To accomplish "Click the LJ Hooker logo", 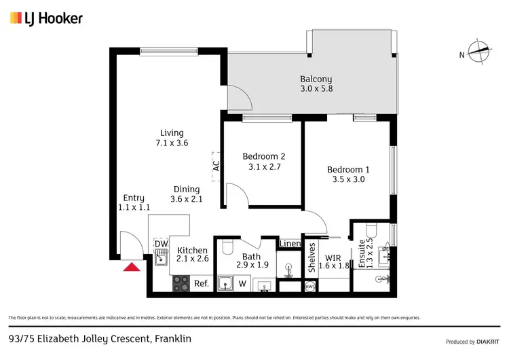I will tap(46, 18).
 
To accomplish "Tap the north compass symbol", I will tap(479, 53).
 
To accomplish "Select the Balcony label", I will tap(316, 78).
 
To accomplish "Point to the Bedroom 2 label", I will tap(263, 156).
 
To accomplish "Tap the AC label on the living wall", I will tap(216, 164).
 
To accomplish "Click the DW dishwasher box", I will tap(161, 244).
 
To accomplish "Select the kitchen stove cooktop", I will tap(181, 284).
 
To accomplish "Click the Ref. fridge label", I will tap(202, 284).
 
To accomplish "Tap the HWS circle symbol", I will tap(310, 287).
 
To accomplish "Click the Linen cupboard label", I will tap(290, 244).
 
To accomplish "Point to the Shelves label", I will tap(312, 258).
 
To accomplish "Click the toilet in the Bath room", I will tap(228, 246).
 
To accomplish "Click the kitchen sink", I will tap(161, 258).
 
